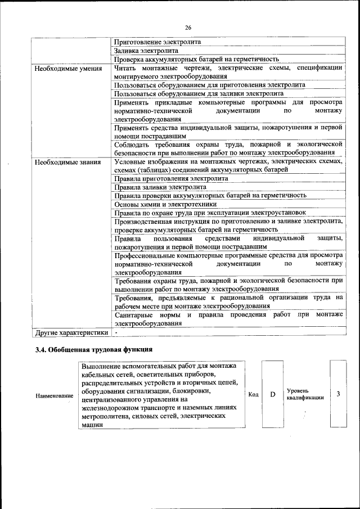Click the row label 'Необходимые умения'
[x=68, y=69]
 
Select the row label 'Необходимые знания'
[x=67, y=163]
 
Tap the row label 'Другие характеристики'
[x=71, y=332]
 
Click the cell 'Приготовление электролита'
[x=157, y=42]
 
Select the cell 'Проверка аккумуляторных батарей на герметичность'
[x=196, y=58]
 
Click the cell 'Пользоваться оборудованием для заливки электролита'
[x=198, y=93]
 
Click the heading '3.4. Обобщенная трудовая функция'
[x=93, y=350]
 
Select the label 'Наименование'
[x=55, y=396]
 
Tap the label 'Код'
[x=253, y=395]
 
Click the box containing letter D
[x=272, y=395]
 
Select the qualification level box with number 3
[x=338, y=394]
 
